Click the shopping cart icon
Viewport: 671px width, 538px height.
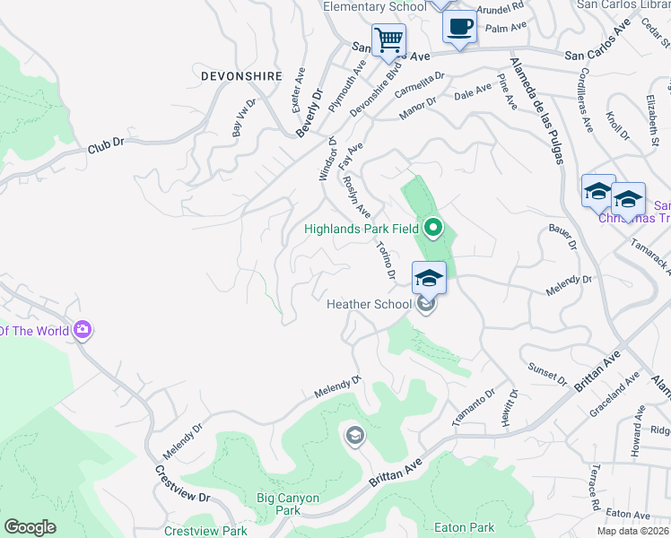pos(388,39)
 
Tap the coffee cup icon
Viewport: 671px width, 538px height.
pos(460,26)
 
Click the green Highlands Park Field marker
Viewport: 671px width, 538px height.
pos(433,228)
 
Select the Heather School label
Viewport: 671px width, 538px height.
pos(369,305)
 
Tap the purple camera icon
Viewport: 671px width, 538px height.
pos(83,331)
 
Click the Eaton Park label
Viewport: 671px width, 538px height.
pos(464,528)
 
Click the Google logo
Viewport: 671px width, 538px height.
pos(30,527)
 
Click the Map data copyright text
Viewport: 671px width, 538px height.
pos(632,531)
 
